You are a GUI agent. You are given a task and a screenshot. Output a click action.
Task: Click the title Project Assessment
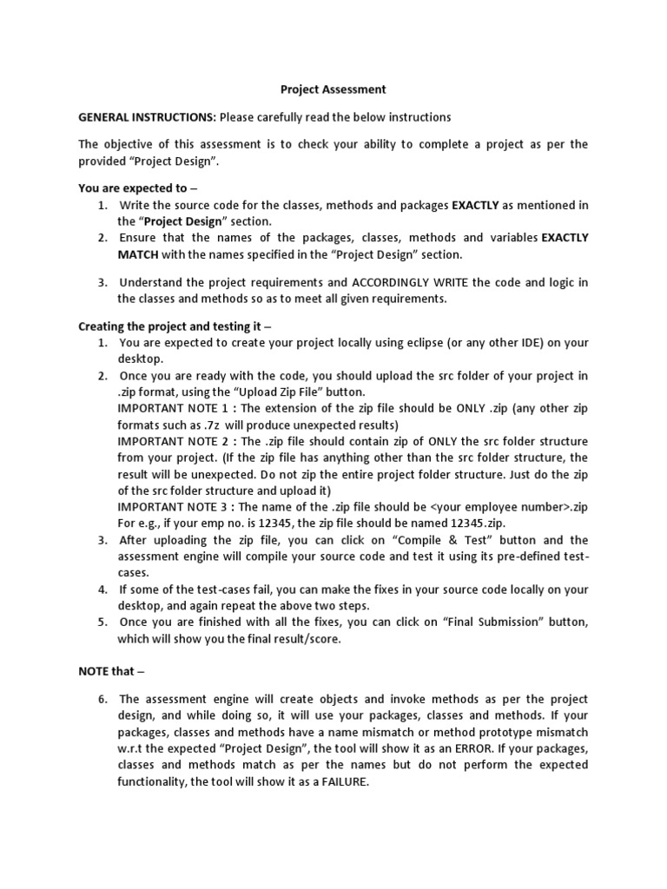click(x=320, y=89)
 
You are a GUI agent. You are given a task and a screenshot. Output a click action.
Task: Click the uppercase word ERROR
click(x=468, y=748)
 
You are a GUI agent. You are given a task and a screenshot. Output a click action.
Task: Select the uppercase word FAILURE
click(x=340, y=781)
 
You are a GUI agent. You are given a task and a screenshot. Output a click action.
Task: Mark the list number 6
click(x=102, y=699)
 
